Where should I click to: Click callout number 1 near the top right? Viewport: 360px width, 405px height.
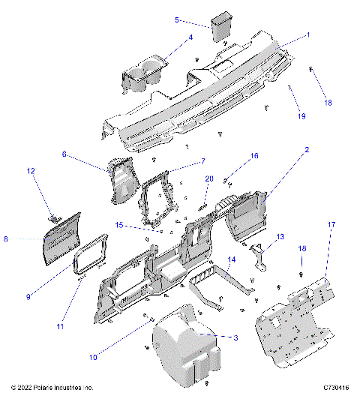[x=307, y=35]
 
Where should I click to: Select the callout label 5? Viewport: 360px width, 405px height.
[x=177, y=20]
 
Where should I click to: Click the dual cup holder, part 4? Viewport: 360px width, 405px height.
[x=144, y=76]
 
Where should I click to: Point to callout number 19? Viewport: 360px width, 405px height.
[x=301, y=116]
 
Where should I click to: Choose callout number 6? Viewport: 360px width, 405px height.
[x=64, y=154]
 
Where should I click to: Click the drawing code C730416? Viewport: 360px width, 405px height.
[x=336, y=388]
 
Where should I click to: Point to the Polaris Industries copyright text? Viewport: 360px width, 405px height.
[x=52, y=388]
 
